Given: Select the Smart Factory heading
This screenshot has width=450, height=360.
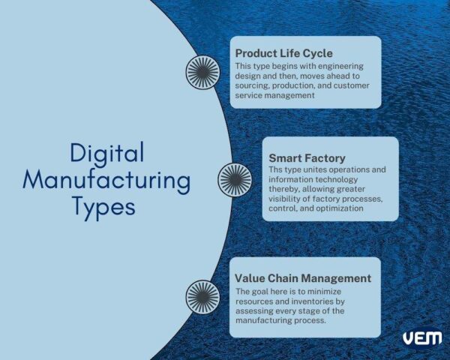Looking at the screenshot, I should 307,157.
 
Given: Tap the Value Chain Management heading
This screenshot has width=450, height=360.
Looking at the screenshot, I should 303,278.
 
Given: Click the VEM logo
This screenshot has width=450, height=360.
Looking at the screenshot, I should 422,338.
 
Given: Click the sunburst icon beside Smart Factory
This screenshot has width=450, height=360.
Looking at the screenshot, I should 235,179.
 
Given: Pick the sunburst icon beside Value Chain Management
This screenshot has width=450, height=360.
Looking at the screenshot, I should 202,297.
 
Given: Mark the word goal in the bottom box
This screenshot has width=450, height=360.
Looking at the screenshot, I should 260,291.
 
